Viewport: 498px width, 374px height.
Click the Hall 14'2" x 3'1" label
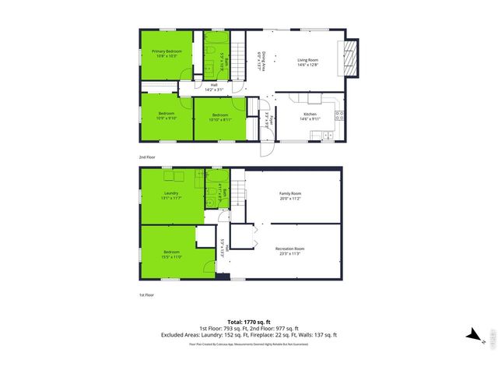point(214,88)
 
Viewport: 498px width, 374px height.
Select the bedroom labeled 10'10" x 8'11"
point(219,118)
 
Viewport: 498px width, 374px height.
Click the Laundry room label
point(172,196)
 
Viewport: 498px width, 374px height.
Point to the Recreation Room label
point(289,250)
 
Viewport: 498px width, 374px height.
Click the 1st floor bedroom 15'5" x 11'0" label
point(171,254)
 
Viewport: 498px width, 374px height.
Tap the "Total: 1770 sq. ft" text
point(248,321)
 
